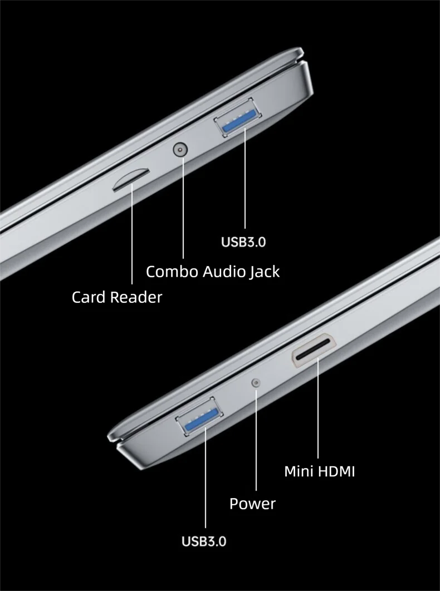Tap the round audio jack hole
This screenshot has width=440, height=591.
pos(180,150)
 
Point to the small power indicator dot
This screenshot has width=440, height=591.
pos(256,382)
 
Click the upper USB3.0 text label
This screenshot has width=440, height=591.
pos(243,242)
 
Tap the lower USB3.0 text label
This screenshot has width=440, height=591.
pos(204,541)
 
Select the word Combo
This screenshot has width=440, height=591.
pos(172,272)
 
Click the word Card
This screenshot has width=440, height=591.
pos(89,297)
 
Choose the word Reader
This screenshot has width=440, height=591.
pos(136,297)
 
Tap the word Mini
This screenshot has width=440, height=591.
pos(299,471)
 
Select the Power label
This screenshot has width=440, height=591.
pos(252,504)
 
